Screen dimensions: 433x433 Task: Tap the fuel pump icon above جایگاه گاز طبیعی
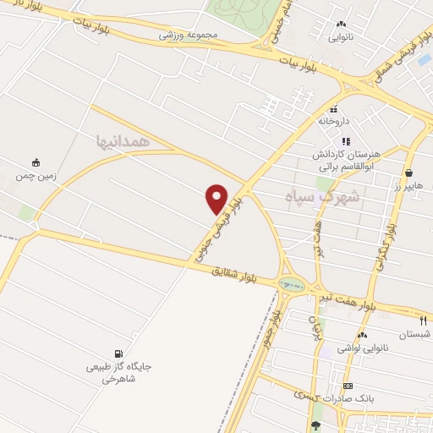(118, 354)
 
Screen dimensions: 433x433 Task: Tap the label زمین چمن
(35, 177)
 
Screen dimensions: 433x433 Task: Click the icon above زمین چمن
(36, 162)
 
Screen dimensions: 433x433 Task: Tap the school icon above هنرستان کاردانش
(345, 141)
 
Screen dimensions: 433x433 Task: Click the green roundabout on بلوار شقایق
(292, 285)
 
